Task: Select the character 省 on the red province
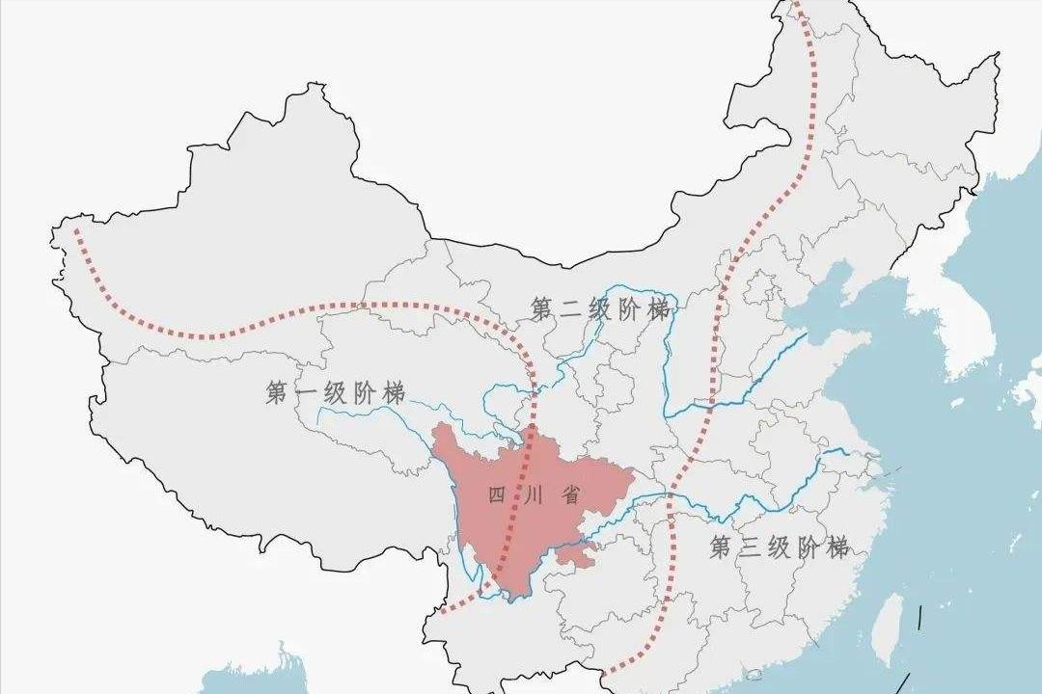[x=570, y=495]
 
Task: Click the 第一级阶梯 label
[x=335, y=392]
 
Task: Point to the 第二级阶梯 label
[x=599, y=309]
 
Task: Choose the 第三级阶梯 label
[x=780, y=547]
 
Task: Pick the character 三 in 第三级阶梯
[x=751, y=547]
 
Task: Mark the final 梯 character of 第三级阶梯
[x=837, y=547]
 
